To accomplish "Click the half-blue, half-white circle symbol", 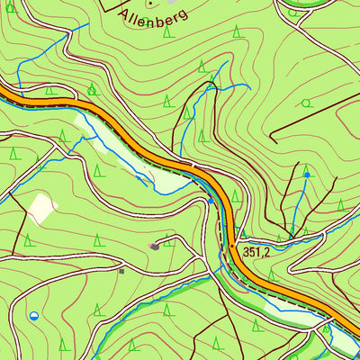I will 34,315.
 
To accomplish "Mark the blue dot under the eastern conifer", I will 307,175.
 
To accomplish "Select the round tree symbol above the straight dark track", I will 306,103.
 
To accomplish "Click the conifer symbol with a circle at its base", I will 92,88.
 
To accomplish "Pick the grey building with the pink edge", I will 156,245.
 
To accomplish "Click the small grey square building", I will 121,270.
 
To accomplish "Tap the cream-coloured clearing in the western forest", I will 41,208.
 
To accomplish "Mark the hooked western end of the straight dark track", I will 271,137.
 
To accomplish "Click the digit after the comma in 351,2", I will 266,254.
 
